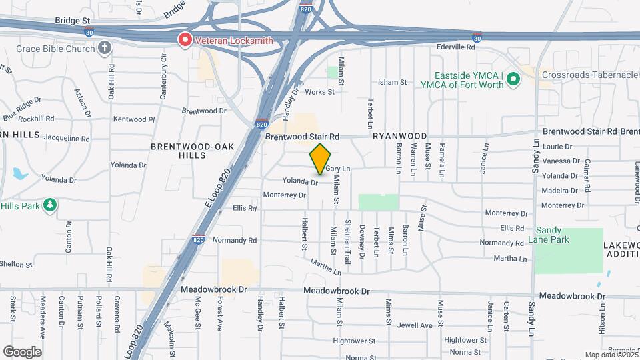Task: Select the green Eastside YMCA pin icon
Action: [x=513, y=80]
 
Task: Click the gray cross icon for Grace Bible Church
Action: [x=105, y=47]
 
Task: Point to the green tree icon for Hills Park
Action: [x=49, y=205]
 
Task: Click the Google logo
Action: [x=22, y=352]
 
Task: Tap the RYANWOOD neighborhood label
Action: [x=399, y=136]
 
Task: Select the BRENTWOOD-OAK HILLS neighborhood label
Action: [x=183, y=150]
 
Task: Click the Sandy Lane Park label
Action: [x=553, y=234]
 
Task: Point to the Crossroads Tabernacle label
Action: [x=589, y=75]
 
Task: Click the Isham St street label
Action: [x=392, y=82]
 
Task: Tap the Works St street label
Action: [x=320, y=92]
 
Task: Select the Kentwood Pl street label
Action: [x=134, y=119]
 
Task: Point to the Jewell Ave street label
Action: [x=415, y=325]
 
